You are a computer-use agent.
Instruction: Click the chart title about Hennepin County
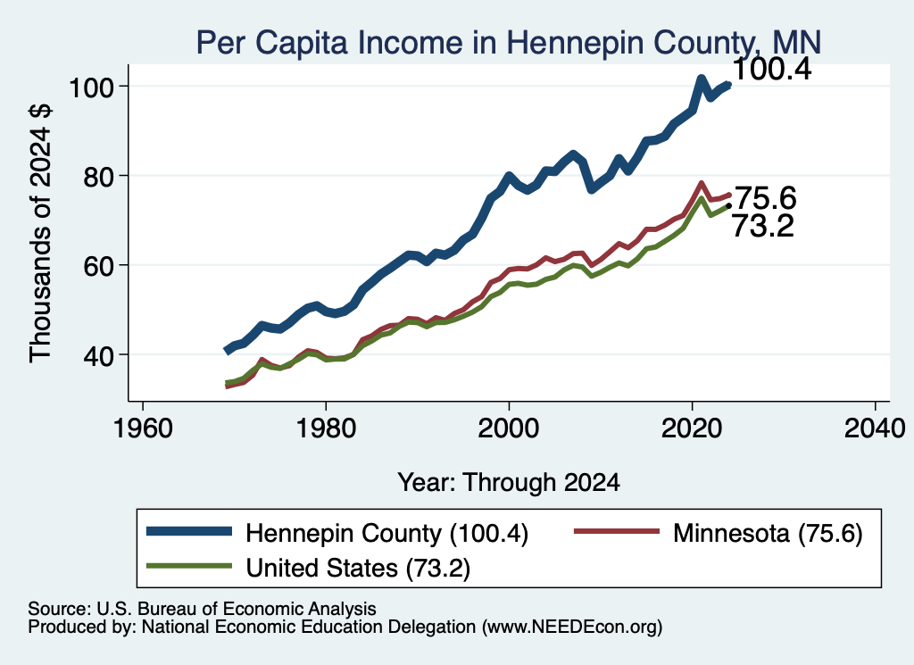(x=508, y=42)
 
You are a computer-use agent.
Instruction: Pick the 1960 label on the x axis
(x=143, y=429)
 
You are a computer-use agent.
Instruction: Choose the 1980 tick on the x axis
(x=326, y=429)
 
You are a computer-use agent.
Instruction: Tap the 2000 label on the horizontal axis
(x=509, y=429)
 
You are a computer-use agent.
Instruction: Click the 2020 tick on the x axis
(x=692, y=429)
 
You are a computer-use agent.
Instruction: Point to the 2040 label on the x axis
(x=875, y=429)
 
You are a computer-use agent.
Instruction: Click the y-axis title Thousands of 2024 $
(x=41, y=233)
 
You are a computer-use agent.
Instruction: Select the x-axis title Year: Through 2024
(x=509, y=483)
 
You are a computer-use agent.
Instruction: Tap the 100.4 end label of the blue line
(x=771, y=70)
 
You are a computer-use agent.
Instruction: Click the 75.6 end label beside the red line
(x=764, y=198)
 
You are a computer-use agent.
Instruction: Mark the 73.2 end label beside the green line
(x=762, y=226)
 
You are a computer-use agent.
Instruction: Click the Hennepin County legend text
(x=387, y=533)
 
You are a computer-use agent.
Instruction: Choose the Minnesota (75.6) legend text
(x=768, y=533)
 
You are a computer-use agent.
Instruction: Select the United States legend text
(x=358, y=568)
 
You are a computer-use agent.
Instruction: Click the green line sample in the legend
(x=189, y=566)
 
